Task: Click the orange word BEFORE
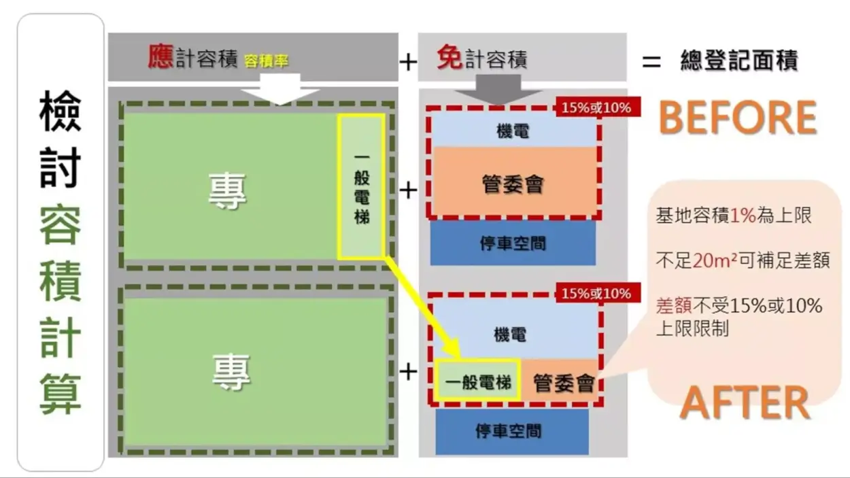coord(737,118)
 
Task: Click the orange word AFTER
coord(745,403)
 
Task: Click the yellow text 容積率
coord(265,61)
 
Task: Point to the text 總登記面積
coord(738,61)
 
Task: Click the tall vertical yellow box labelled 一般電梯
coord(362,186)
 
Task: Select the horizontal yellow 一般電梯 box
coord(478,381)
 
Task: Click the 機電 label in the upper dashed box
coord(513,131)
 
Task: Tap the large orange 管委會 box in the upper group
coord(513,183)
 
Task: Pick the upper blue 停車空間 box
coord(513,243)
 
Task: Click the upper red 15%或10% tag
coord(596,107)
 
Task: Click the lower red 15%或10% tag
coord(596,294)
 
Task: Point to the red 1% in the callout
coord(743,216)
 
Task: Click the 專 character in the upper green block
coord(228,191)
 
